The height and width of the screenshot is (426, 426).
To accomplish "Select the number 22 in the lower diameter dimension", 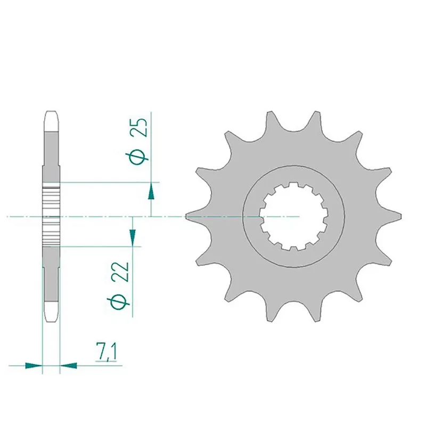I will [122, 272].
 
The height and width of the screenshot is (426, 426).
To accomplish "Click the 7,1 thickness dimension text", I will [108, 353].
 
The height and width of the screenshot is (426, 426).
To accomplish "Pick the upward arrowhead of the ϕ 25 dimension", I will [152, 191].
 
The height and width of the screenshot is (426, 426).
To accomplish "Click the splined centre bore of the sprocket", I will [293, 217].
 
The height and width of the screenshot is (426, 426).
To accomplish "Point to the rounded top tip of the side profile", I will [51, 114].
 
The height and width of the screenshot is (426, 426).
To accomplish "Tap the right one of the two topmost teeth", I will [316, 118].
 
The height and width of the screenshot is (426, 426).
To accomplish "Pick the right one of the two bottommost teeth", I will [316, 315].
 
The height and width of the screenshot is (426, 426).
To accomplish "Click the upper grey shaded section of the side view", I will [51, 154].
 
